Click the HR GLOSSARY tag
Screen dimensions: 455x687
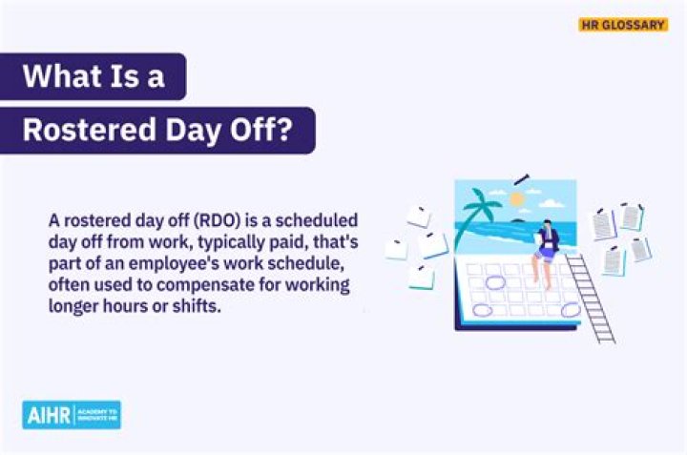[622, 25]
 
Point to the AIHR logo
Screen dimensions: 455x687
[72, 415]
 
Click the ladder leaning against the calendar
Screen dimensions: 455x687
[593, 296]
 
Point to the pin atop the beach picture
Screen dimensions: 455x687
[520, 178]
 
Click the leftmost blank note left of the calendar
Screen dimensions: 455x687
[396, 250]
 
